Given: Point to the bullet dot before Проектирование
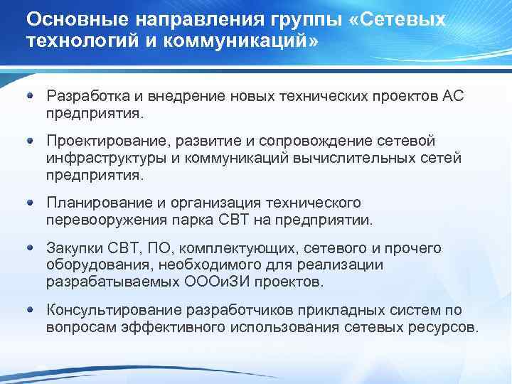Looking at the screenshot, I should pos(31,140).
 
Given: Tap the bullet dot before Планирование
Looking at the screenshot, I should pos(31,203).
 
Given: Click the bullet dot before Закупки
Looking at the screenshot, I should pos(31,248).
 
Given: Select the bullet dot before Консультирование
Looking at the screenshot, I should pos(31,310).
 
